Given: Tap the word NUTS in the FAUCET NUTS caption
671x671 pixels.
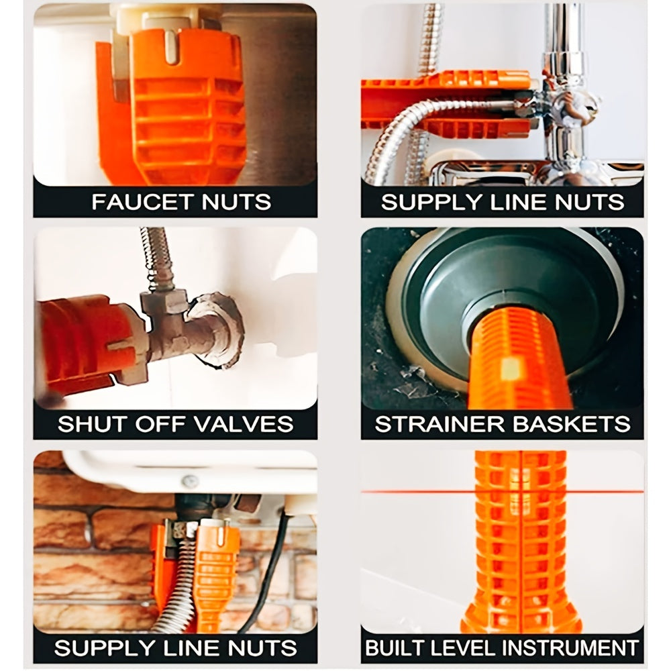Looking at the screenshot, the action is point(236,201).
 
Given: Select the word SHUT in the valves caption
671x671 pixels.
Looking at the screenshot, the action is point(89,423).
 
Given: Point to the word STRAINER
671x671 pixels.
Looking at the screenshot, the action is point(440,423).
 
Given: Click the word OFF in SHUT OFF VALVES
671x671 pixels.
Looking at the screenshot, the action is point(156,423).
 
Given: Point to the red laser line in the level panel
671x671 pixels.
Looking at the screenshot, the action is point(503,492).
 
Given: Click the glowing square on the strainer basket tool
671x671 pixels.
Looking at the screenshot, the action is point(510,368).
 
